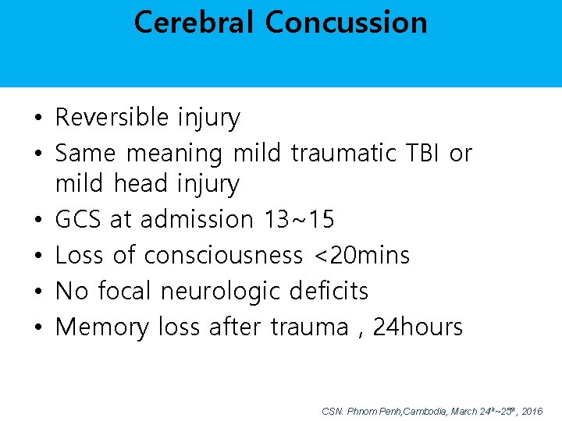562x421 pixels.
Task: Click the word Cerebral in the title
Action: [194, 22]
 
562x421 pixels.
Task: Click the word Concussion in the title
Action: [346, 22]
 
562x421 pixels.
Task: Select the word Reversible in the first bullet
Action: [112, 118]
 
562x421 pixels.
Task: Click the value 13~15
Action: [299, 220]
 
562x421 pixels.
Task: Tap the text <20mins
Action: [361, 255]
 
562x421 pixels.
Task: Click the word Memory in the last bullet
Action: [102, 327]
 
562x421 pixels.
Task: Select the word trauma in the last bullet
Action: [309, 327]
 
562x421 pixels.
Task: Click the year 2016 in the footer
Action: [532, 410]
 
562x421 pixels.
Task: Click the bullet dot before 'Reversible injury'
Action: [37, 119]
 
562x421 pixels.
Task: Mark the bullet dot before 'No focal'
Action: [37, 292]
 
